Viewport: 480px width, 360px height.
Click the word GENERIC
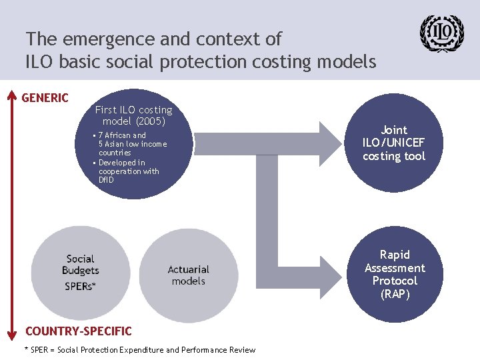45,98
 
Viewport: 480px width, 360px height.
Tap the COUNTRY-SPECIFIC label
78,331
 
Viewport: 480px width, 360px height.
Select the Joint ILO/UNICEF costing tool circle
394,143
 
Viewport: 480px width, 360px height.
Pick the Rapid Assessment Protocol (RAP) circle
395,275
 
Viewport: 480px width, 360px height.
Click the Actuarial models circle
188,275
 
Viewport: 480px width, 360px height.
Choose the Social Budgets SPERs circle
81,273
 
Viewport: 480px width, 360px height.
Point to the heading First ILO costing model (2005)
133,115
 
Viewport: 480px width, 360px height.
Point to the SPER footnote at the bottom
140,350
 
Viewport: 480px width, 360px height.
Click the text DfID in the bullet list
107,180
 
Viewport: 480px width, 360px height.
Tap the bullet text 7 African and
122,135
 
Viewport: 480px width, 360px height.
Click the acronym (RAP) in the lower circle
395,294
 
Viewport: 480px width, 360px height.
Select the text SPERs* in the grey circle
81,286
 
